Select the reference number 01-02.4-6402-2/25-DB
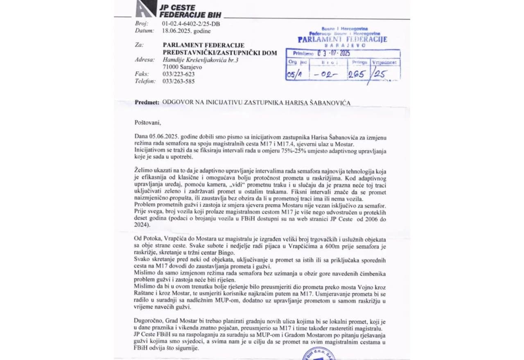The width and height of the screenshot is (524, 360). click(x=191, y=24)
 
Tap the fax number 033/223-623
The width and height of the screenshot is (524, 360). click(x=178, y=74)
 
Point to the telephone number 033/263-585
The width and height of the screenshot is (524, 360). click(x=178, y=81)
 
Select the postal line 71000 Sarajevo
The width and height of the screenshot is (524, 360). click(x=182, y=67)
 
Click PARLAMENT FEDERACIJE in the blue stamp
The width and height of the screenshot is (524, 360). click(x=342, y=40)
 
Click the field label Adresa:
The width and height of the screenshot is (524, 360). click(x=145, y=60)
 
